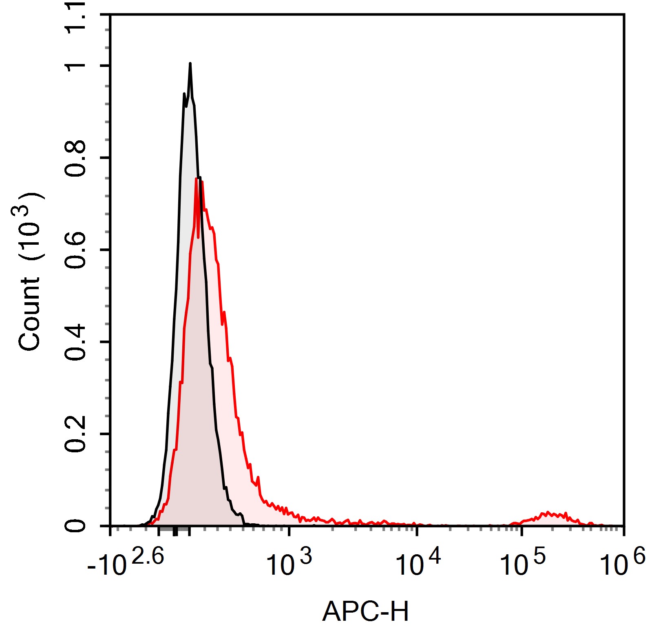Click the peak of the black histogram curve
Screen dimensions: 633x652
[x=190, y=64]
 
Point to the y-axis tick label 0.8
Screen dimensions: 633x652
[x=76, y=158]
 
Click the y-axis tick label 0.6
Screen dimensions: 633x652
[x=76, y=250]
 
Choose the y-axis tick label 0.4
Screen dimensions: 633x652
[x=76, y=342]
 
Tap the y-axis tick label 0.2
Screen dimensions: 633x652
[x=76, y=434]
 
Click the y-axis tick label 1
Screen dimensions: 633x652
[x=76, y=66]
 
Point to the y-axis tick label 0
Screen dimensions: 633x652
[x=76, y=526]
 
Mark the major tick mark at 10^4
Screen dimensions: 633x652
[x=417, y=531]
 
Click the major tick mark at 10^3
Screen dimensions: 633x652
[x=289, y=531]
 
